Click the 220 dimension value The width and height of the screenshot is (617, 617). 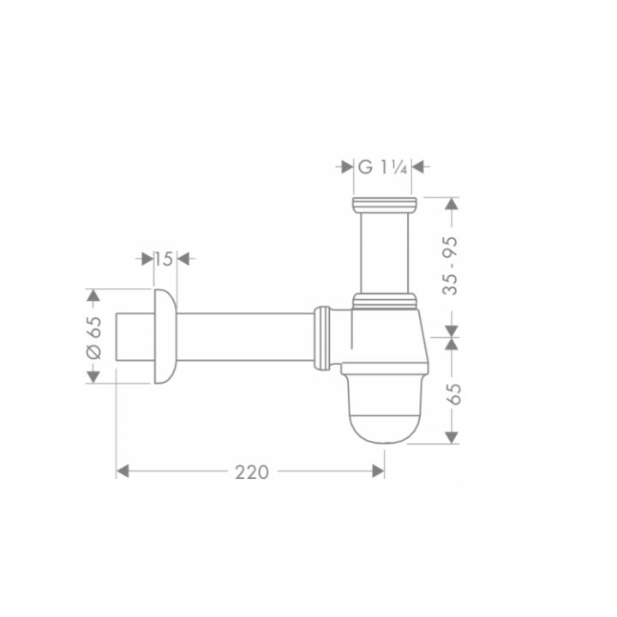[250, 472]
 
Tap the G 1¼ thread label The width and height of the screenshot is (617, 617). [384, 167]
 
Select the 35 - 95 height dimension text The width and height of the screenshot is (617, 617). [452, 266]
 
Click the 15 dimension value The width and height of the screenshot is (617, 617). [165, 258]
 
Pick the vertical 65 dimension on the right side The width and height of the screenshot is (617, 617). [453, 393]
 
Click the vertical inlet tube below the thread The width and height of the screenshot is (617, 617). [384, 253]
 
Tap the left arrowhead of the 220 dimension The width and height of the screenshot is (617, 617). [123, 472]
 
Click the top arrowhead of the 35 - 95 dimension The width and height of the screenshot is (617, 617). [452, 204]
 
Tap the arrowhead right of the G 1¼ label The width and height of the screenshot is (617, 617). [421, 167]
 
